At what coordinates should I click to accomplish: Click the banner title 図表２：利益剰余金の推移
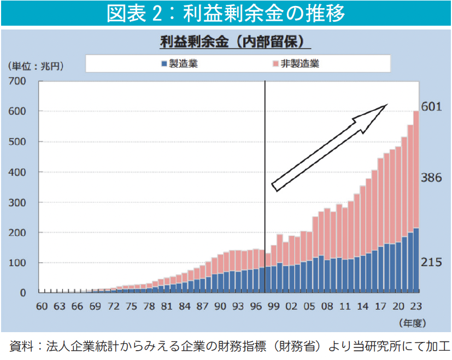click(226, 13)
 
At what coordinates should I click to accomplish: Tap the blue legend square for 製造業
click(163, 64)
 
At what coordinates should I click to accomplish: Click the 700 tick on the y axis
click(17, 81)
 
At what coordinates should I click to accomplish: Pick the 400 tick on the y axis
click(17, 172)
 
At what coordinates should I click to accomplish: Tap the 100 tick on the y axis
click(17, 263)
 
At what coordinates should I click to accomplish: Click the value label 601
click(431, 107)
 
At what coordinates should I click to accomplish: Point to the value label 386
click(431, 178)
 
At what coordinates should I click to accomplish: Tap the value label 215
click(431, 263)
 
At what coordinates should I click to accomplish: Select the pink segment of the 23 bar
click(416, 169)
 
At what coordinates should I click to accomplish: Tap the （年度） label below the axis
click(415, 322)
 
